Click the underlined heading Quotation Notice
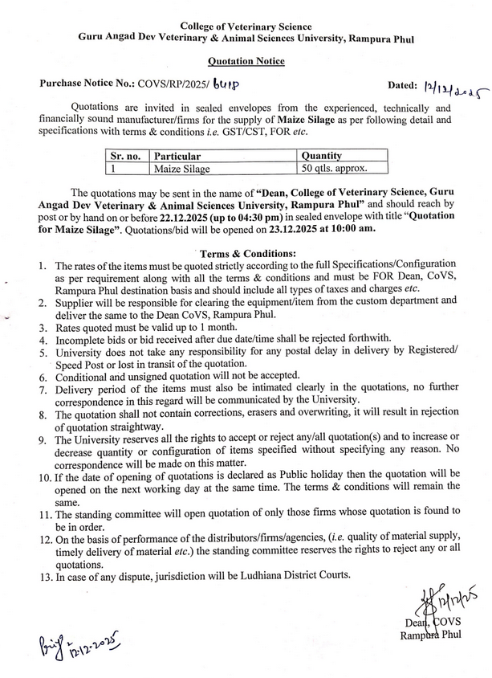tap(246, 61)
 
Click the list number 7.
tap(43, 389)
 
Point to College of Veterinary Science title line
tap(246, 27)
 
